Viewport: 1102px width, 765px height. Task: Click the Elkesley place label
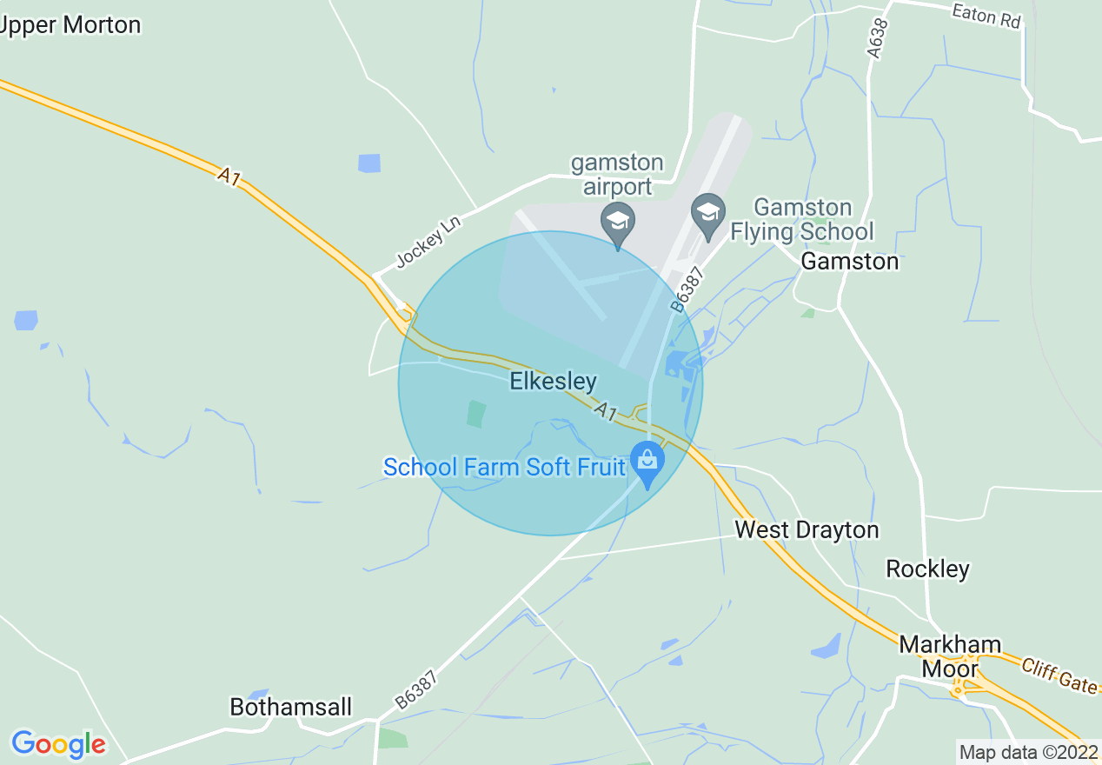554,382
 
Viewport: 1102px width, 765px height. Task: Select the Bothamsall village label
291,708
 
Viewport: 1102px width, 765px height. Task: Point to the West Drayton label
807,529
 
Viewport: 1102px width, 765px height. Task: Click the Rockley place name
927,569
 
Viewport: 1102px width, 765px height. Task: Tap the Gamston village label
849,261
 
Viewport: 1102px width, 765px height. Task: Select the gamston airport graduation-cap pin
618,221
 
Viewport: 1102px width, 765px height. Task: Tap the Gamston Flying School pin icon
708,213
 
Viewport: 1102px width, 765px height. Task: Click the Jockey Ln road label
428,242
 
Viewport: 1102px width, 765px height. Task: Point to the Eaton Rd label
986,16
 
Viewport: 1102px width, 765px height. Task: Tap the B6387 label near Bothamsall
415,688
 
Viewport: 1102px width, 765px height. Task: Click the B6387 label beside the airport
687,289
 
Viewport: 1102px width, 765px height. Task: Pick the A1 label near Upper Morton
229,176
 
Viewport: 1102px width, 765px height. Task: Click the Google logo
58,744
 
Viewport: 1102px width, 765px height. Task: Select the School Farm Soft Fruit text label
504,468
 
